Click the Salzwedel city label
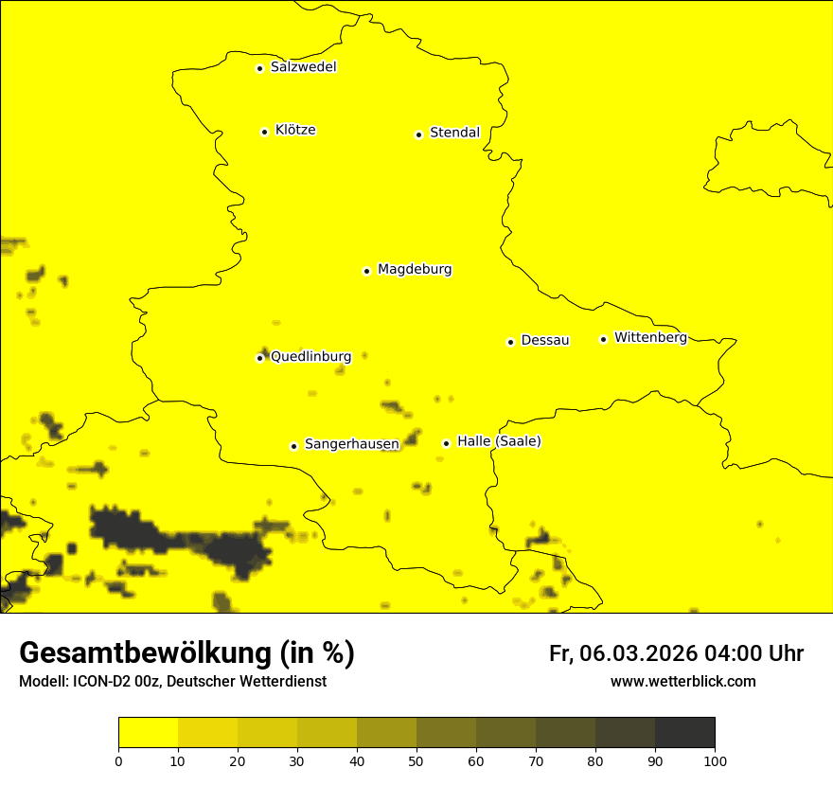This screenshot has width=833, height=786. [303, 67]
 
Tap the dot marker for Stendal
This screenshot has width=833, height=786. [418, 134]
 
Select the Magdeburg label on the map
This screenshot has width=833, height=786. [415, 270]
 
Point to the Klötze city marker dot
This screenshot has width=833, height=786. [264, 132]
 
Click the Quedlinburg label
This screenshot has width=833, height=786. [311, 357]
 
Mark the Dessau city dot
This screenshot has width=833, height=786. [510, 342]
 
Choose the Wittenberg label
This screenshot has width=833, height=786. [650, 338]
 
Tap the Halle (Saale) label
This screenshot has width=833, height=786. [499, 442]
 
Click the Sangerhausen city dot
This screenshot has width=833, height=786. [293, 446]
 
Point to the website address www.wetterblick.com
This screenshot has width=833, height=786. [682, 682]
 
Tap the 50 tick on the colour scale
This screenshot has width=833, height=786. [416, 760]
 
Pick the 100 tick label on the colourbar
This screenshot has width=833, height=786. [715, 760]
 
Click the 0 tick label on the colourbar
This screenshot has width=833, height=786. [118, 760]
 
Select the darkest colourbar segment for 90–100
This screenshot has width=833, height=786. [684, 733]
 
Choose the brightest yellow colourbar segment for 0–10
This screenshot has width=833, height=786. [148, 733]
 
